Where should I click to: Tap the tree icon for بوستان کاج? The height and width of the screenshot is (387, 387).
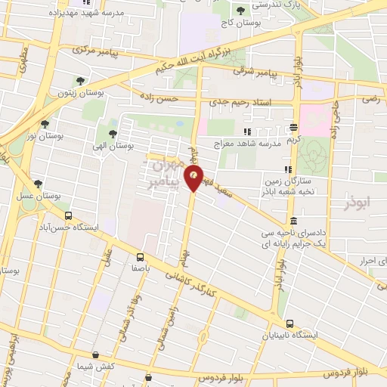[x=240, y=10]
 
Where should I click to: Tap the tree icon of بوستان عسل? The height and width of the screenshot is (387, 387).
[x=37, y=182]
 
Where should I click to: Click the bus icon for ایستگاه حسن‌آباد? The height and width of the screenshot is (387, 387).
[x=29, y=206]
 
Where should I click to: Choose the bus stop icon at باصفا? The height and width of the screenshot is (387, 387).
[x=141, y=257]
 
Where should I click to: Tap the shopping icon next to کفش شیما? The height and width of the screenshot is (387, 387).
[x=95, y=355]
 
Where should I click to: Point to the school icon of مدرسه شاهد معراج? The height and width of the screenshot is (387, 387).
[x=249, y=142]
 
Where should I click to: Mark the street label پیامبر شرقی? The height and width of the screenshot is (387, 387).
[x=252, y=74]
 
